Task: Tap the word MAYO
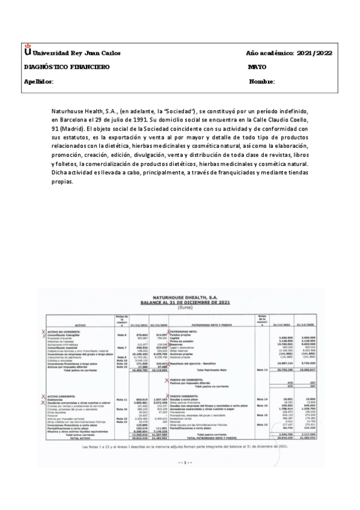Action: (x=257, y=67)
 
